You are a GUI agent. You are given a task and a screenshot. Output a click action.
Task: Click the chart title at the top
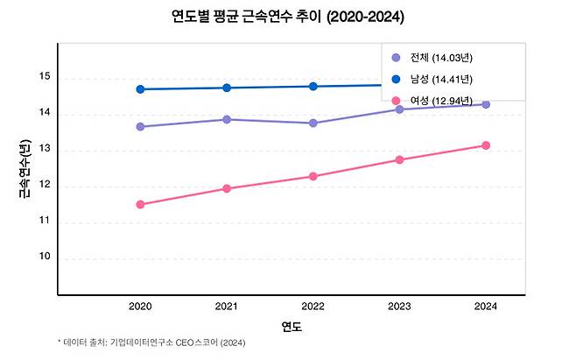(x=288, y=17)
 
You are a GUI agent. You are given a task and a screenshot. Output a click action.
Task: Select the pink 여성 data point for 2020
(x=140, y=204)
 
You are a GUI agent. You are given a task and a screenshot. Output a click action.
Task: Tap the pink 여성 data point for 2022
(x=313, y=176)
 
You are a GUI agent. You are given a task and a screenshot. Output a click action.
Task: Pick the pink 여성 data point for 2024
(x=485, y=145)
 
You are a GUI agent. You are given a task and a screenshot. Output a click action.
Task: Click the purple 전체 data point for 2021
(x=227, y=119)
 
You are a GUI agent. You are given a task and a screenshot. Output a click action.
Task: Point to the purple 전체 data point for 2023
(x=399, y=109)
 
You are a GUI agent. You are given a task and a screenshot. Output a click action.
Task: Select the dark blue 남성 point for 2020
(x=140, y=89)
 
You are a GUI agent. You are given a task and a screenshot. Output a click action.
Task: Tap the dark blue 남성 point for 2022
(x=313, y=86)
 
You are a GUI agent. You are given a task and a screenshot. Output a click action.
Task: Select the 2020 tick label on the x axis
(x=140, y=307)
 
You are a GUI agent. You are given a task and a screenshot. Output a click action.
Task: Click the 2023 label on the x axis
(x=399, y=307)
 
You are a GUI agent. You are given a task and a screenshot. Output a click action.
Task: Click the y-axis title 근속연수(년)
(x=24, y=170)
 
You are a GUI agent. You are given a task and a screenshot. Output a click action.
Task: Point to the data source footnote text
(x=151, y=342)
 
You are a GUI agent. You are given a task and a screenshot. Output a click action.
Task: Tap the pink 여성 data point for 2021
(x=227, y=188)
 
